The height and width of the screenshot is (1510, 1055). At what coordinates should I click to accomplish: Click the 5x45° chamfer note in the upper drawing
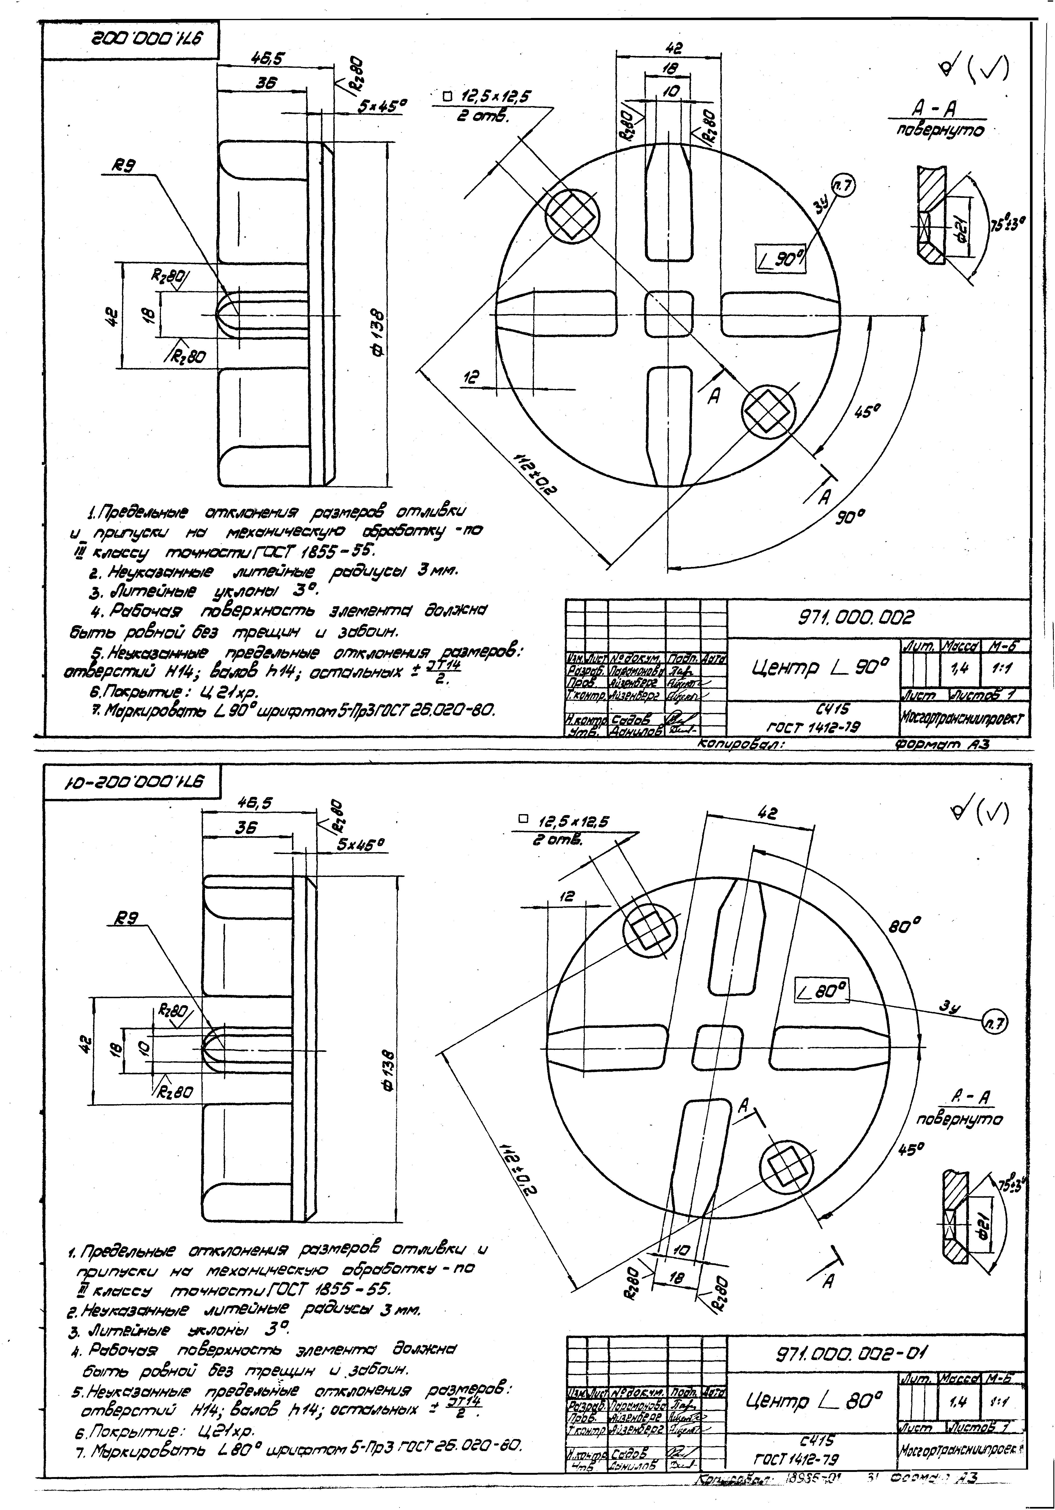(383, 106)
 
